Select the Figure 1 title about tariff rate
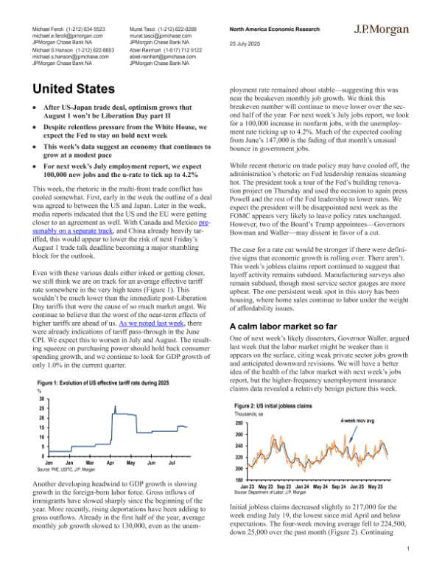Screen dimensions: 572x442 tap(102, 383)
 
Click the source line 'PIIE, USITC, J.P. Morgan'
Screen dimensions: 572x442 tap(66, 469)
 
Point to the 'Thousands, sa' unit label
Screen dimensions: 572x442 tap(253, 415)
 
